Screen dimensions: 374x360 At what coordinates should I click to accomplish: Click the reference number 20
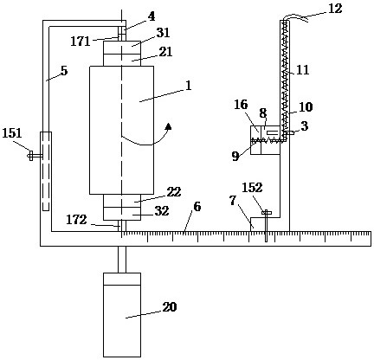tap(169, 307)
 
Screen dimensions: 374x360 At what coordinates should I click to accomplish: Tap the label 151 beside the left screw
tap(12, 133)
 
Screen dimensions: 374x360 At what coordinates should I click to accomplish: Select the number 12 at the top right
tap(335, 8)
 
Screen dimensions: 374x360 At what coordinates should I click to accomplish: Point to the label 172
tap(76, 220)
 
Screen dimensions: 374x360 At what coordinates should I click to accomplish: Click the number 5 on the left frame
tap(64, 71)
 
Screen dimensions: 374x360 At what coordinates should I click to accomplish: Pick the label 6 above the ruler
tap(197, 207)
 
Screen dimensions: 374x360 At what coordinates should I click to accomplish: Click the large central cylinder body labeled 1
tap(121, 130)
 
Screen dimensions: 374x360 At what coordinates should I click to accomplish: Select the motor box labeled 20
tap(122, 315)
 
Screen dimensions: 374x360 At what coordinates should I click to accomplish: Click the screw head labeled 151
tap(30, 156)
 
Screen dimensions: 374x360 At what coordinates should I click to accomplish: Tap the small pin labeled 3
tap(289, 132)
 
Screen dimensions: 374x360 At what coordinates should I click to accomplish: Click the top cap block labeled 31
tap(122, 47)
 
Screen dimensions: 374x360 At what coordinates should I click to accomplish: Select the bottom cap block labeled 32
tap(122, 214)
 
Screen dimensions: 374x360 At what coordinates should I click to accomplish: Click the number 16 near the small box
tap(241, 105)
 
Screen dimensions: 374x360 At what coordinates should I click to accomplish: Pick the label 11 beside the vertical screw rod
tap(303, 70)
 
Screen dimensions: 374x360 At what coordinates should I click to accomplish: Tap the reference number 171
tap(81, 42)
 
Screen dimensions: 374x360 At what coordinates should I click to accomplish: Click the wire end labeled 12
tap(296, 17)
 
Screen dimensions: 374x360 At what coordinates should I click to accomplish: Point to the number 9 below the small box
tap(235, 157)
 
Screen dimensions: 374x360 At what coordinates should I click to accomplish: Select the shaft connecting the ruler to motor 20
tap(122, 260)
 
